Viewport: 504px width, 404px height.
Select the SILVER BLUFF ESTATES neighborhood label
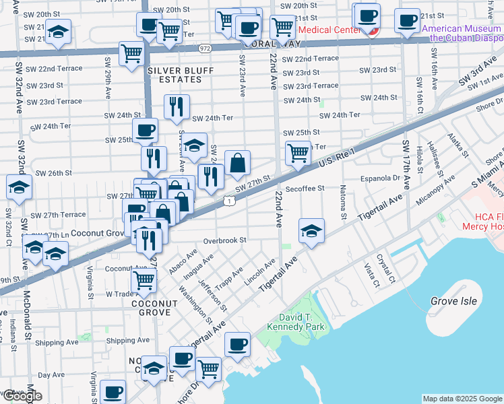tap(171, 75)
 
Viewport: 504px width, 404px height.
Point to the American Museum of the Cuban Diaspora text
tap(462, 33)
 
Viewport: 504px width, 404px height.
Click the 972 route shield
tap(205, 48)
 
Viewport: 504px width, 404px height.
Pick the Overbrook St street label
tap(226, 240)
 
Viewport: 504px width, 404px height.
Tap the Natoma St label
tap(343, 202)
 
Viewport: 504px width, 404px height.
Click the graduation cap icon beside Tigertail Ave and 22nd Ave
tap(311, 231)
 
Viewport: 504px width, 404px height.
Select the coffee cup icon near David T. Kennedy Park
tap(237, 344)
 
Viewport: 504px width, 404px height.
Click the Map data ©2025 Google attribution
tap(462, 399)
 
